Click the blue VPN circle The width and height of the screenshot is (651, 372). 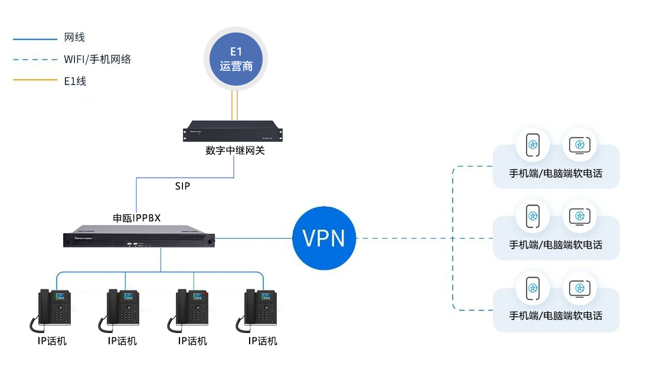(x=324, y=239)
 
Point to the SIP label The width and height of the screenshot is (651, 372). (x=183, y=186)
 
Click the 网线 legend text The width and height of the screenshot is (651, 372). (x=74, y=38)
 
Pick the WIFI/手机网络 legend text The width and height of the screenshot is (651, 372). (x=97, y=59)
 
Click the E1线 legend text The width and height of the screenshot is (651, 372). (x=75, y=81)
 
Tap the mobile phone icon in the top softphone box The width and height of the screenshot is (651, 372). (x=533, y=145)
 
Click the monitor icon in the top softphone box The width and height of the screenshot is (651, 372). (x=579, y=145)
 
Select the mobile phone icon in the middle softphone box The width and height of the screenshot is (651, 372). (x=533, y=216)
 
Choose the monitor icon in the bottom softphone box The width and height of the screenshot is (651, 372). (x=579, y=288)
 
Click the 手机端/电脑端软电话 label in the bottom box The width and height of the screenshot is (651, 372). (x=556, y=316)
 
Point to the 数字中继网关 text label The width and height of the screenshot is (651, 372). (x=235, y=151)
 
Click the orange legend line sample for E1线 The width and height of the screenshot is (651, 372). (x=35, y=81)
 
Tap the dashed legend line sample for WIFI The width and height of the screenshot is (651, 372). (x=35, y=59)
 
